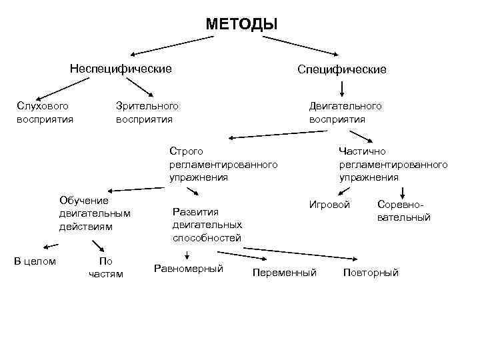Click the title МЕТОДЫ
coord(241,25)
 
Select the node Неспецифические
coord(121,69)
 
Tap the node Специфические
coord(342,69)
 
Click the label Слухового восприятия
coord(45,113)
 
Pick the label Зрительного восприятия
coord(147,113)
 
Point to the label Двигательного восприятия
coord(345,113)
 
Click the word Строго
coord(186,151)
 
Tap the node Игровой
coord(329,204)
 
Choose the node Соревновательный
coord(403,211)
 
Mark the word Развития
coord(195,212)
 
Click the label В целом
coord(35,261)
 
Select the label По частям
coord(106,267)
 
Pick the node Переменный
coord(285,273)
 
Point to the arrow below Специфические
coord(342,88)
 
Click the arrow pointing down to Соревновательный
coord(402,191)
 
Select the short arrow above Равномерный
coord(187,255)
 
